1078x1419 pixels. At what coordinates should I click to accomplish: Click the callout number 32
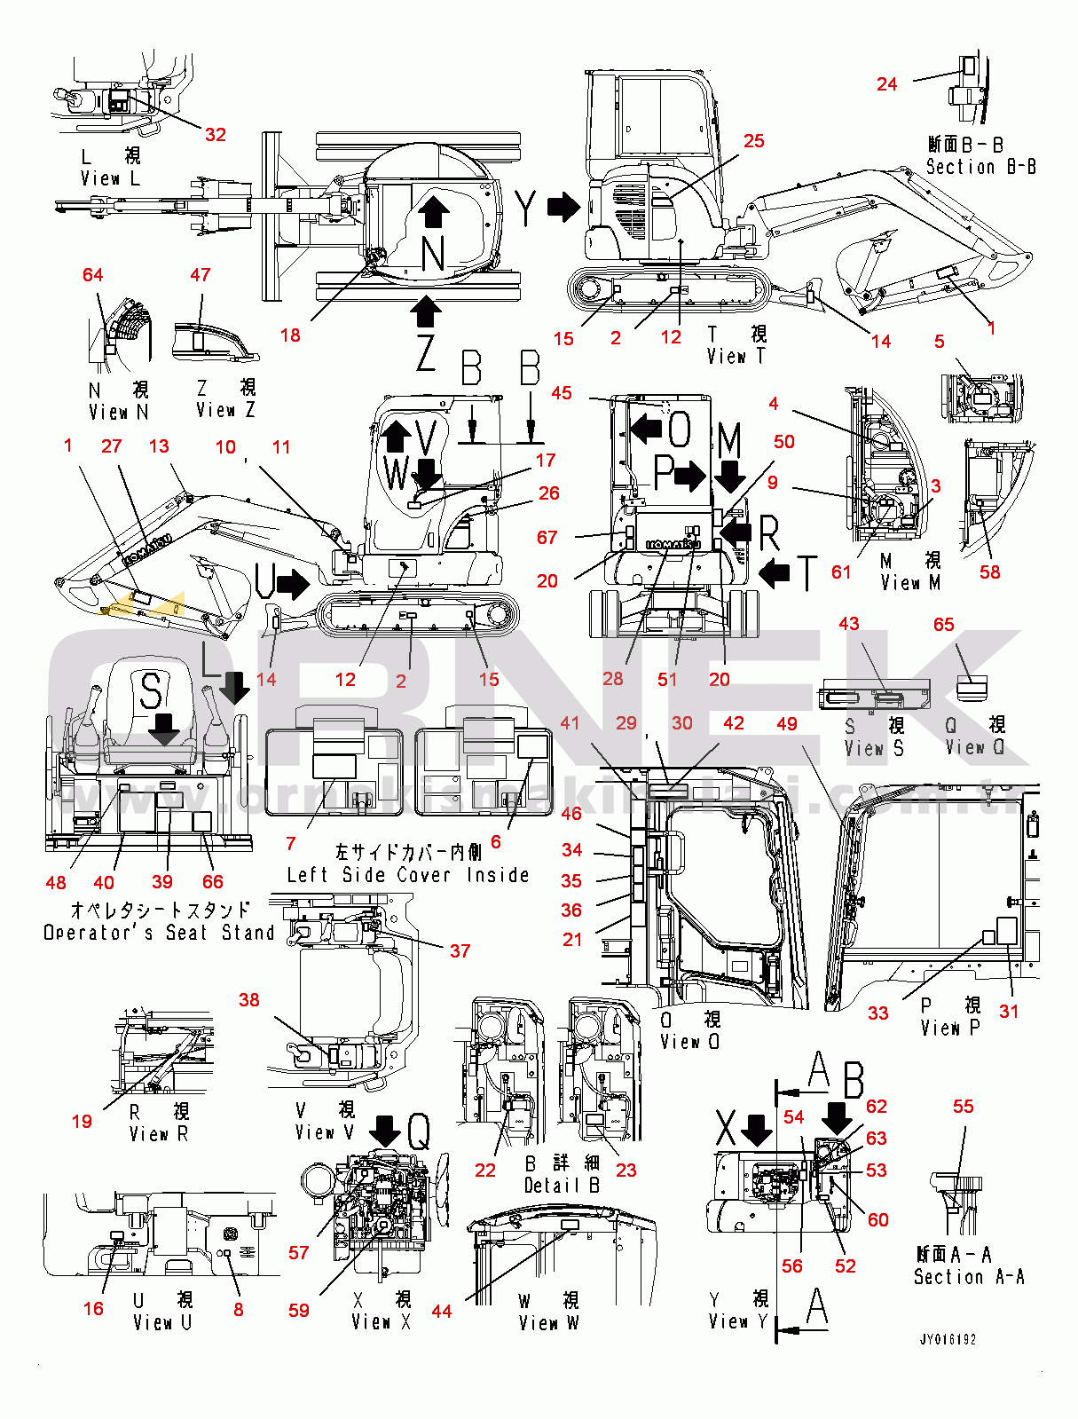point(216,135)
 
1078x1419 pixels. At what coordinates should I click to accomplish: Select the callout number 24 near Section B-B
point(886,84)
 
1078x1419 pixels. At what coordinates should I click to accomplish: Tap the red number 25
point(753,141)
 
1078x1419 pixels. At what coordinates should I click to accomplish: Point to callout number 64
point(92,275)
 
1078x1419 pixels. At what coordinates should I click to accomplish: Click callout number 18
point(290,335)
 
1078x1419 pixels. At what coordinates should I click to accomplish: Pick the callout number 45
point(562,393)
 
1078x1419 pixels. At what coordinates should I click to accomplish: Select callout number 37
point(460,951)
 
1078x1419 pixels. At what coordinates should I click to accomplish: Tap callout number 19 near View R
point(82,1122)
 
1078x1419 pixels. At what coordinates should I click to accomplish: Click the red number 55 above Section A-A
point(963,1107)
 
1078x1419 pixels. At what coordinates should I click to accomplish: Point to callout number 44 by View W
point(441,1311)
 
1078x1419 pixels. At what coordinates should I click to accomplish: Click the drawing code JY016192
point(948,1340)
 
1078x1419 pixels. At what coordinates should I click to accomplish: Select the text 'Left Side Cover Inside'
point(408,875)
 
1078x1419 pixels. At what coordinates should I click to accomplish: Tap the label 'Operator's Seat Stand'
point(159,933)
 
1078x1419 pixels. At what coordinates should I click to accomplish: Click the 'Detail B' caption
point(562,1186)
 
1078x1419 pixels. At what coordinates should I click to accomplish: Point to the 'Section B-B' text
point(980,167)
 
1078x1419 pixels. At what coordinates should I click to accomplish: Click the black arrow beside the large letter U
point(293,584)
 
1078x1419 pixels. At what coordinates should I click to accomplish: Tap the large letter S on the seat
point(152,690)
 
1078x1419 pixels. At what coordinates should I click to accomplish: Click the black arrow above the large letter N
point(433,211)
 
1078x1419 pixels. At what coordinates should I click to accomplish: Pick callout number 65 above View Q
point(943,625)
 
